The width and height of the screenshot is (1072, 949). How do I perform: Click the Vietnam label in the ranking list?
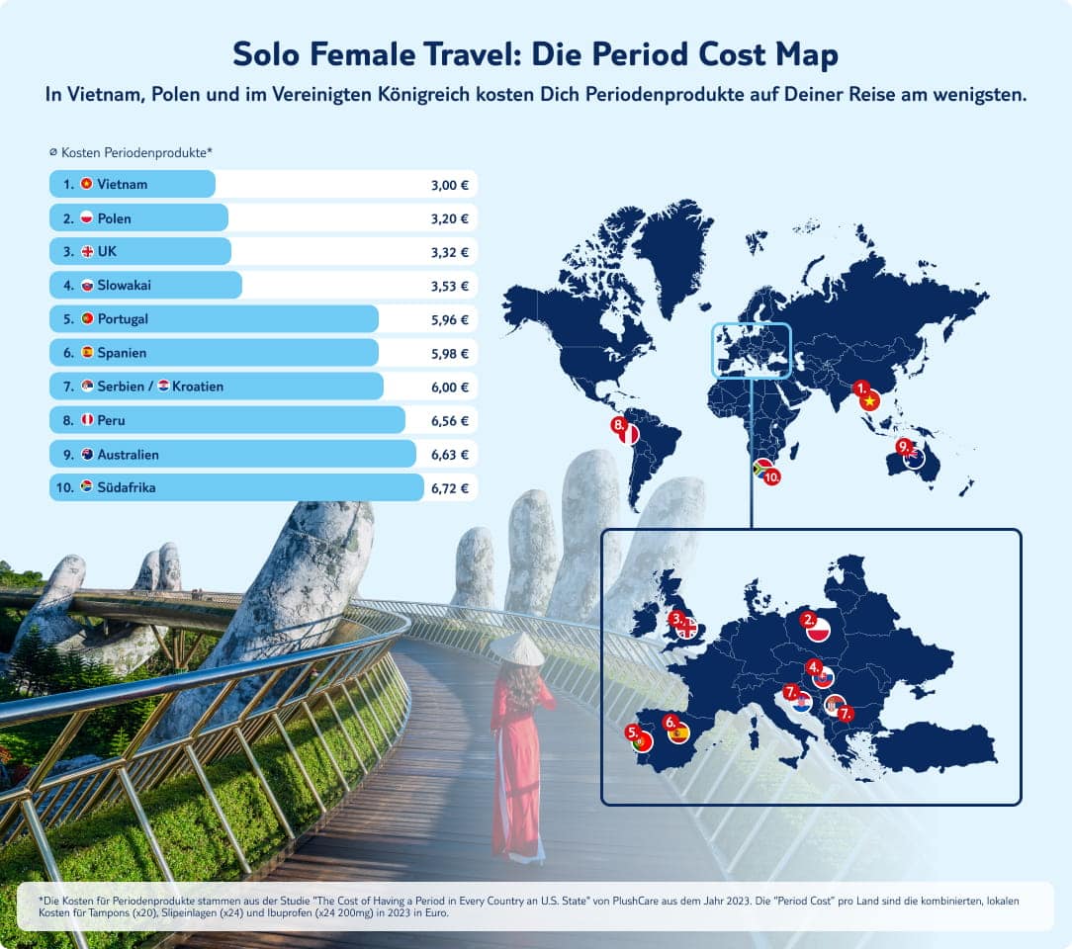tap(122, 184)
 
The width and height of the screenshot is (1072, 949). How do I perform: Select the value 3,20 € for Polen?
tap(450, 218)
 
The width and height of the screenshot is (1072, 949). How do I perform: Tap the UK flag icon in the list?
tap(87, 252)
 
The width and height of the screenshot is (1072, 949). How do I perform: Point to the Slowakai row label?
tap(124, 286)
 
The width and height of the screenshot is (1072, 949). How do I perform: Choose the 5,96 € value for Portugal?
tap(450, 320)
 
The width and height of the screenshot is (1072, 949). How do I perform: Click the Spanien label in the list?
tap(122, 353)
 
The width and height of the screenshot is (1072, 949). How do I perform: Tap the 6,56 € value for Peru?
tap(450, 421)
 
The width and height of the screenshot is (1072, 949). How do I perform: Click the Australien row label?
tap(128, 455)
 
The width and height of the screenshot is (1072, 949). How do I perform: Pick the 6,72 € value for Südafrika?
tap(450, 488)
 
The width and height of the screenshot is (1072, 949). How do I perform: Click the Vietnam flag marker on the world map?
tap(870, 400)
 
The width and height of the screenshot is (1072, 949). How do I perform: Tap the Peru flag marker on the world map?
tap(629, 433)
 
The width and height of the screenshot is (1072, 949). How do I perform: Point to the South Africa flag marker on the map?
tap(763, 468)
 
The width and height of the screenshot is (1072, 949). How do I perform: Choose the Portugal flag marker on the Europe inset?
tap(642, 740)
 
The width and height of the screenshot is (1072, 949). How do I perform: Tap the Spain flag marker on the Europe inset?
tap(679, 733)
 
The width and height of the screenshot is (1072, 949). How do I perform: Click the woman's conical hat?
tap(516, 648)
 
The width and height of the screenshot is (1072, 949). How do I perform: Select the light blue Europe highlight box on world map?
tap(752, 350)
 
